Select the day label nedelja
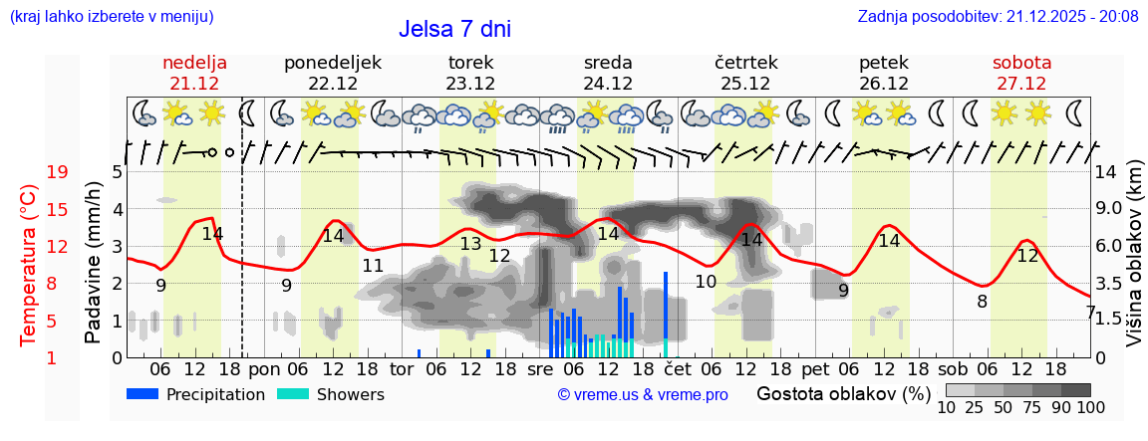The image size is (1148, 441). [195, 63]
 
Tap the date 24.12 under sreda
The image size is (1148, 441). [608, 84]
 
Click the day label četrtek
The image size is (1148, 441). [746, 63]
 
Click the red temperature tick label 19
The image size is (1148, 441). [58, 172]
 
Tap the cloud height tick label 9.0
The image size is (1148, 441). [1109, 209]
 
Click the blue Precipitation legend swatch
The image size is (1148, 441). [143, 394]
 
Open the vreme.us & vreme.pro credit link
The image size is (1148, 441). [643, 395]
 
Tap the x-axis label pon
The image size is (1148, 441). [264, 369]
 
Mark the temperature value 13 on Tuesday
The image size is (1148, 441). [470, 244]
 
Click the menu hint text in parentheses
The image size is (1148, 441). [111, 16]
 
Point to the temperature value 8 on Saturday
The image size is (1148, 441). [982, 302]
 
